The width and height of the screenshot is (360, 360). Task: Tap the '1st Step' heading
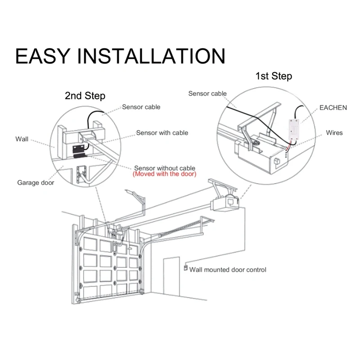[x=274, y=76]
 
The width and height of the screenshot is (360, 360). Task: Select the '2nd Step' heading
[x=85, y=96]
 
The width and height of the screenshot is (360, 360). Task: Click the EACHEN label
[x=333, y=108]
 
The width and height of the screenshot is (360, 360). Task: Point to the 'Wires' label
[x=334, y=133]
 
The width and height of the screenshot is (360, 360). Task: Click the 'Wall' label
[x=22, y=139]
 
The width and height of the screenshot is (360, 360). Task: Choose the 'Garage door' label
[x=36, y=183]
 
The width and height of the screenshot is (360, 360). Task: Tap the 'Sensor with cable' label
[x=162, y=133]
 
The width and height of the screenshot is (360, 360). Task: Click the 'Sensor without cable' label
[x=164, y=167]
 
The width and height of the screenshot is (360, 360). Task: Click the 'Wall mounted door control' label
[x=228, y=270]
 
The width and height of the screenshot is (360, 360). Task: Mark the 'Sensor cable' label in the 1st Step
[x=207, y=94]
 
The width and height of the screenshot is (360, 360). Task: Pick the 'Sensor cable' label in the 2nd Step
[x=141, y=107]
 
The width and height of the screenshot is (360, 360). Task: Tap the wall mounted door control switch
[x=184, y=268]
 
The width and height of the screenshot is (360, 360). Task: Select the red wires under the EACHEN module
[x=289, y=145]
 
